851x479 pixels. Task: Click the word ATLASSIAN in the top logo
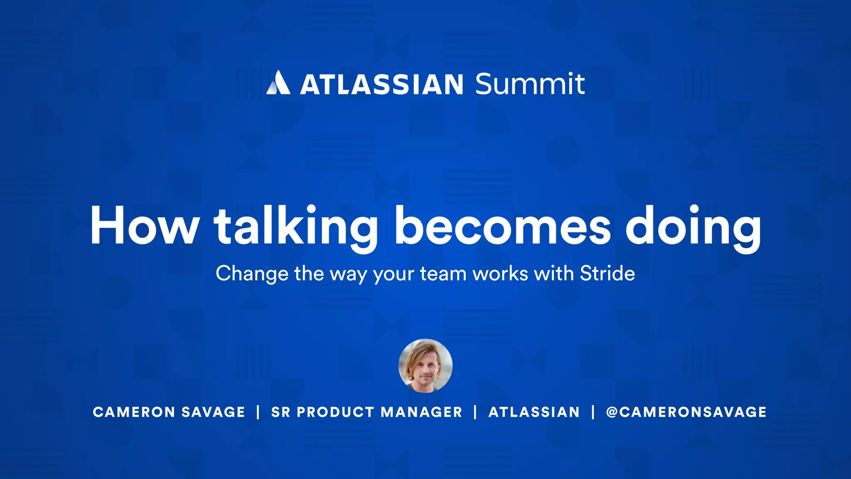point(381,84)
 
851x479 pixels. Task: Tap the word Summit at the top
point(530,84)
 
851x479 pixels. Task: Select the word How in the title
point(144,226)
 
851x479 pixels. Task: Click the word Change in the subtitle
point(252,274)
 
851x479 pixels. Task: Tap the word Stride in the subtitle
point(607,274)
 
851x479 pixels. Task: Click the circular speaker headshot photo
point(425,366)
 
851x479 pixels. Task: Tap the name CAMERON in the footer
point(134,412)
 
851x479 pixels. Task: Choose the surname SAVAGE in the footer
point(213,412)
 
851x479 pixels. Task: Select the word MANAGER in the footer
point(421,412)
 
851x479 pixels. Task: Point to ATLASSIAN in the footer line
point(534,412)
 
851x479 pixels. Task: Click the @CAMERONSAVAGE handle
point(686,412)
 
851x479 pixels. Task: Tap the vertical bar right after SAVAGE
point(258,412)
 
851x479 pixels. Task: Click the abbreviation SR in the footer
point(280,412)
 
